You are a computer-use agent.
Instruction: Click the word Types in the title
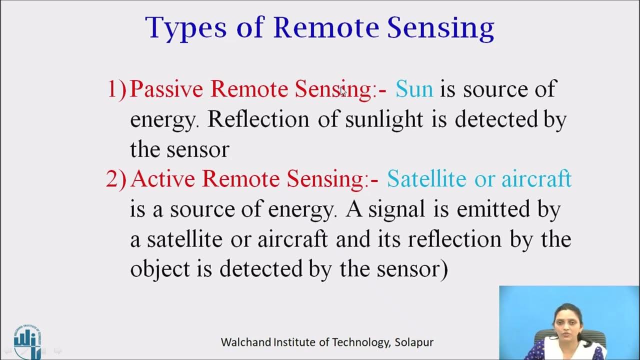[185, 28]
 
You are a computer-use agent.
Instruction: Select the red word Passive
[166, 89]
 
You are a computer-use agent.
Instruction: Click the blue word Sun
[414, 89]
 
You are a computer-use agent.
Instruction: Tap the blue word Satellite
[426, 179]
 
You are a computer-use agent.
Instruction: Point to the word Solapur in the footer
[414, 342]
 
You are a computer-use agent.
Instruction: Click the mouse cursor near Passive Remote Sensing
[343, 91]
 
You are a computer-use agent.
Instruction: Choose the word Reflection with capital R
[258, 119]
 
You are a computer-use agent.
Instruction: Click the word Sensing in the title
[440, 28]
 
